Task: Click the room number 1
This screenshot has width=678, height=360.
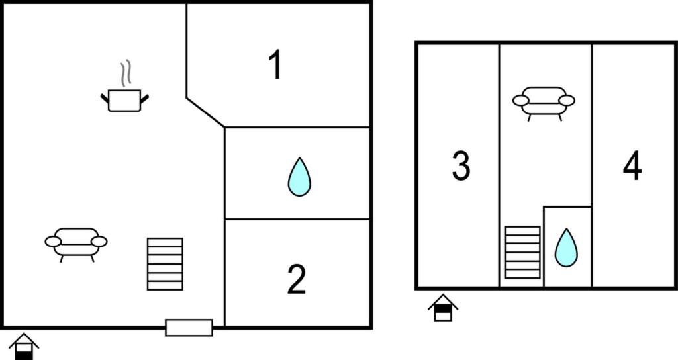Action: pos(275,64)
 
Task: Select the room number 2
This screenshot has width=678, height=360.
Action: pos(297,279)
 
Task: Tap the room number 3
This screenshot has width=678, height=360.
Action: pos(461,165)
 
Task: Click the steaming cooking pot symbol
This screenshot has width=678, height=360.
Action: pos(124,100)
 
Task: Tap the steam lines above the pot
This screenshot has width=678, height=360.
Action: pos(125,73)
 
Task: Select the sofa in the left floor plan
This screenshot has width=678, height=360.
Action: pos(76,244)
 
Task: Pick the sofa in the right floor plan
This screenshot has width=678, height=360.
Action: pos(544,103)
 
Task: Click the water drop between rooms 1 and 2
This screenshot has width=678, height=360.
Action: pos(299,177)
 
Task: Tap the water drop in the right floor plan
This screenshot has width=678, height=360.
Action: pos(566,247)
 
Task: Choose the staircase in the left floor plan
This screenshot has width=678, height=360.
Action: pos(165,263)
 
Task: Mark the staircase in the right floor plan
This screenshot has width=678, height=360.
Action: pos(522,252)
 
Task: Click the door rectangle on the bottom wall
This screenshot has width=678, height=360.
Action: pos(189,328)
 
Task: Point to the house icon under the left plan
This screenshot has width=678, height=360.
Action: pos(24,347)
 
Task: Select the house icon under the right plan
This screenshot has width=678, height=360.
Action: pos(443,308)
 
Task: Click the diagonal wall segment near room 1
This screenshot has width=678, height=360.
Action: pos(205,112)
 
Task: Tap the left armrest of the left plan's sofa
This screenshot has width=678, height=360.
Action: pos(53,242)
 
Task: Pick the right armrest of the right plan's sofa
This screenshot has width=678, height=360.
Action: pos(567,101)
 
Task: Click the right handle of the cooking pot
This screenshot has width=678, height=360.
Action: pos(144,99)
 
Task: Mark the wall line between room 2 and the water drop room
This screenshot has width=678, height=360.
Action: pos(297,219)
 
